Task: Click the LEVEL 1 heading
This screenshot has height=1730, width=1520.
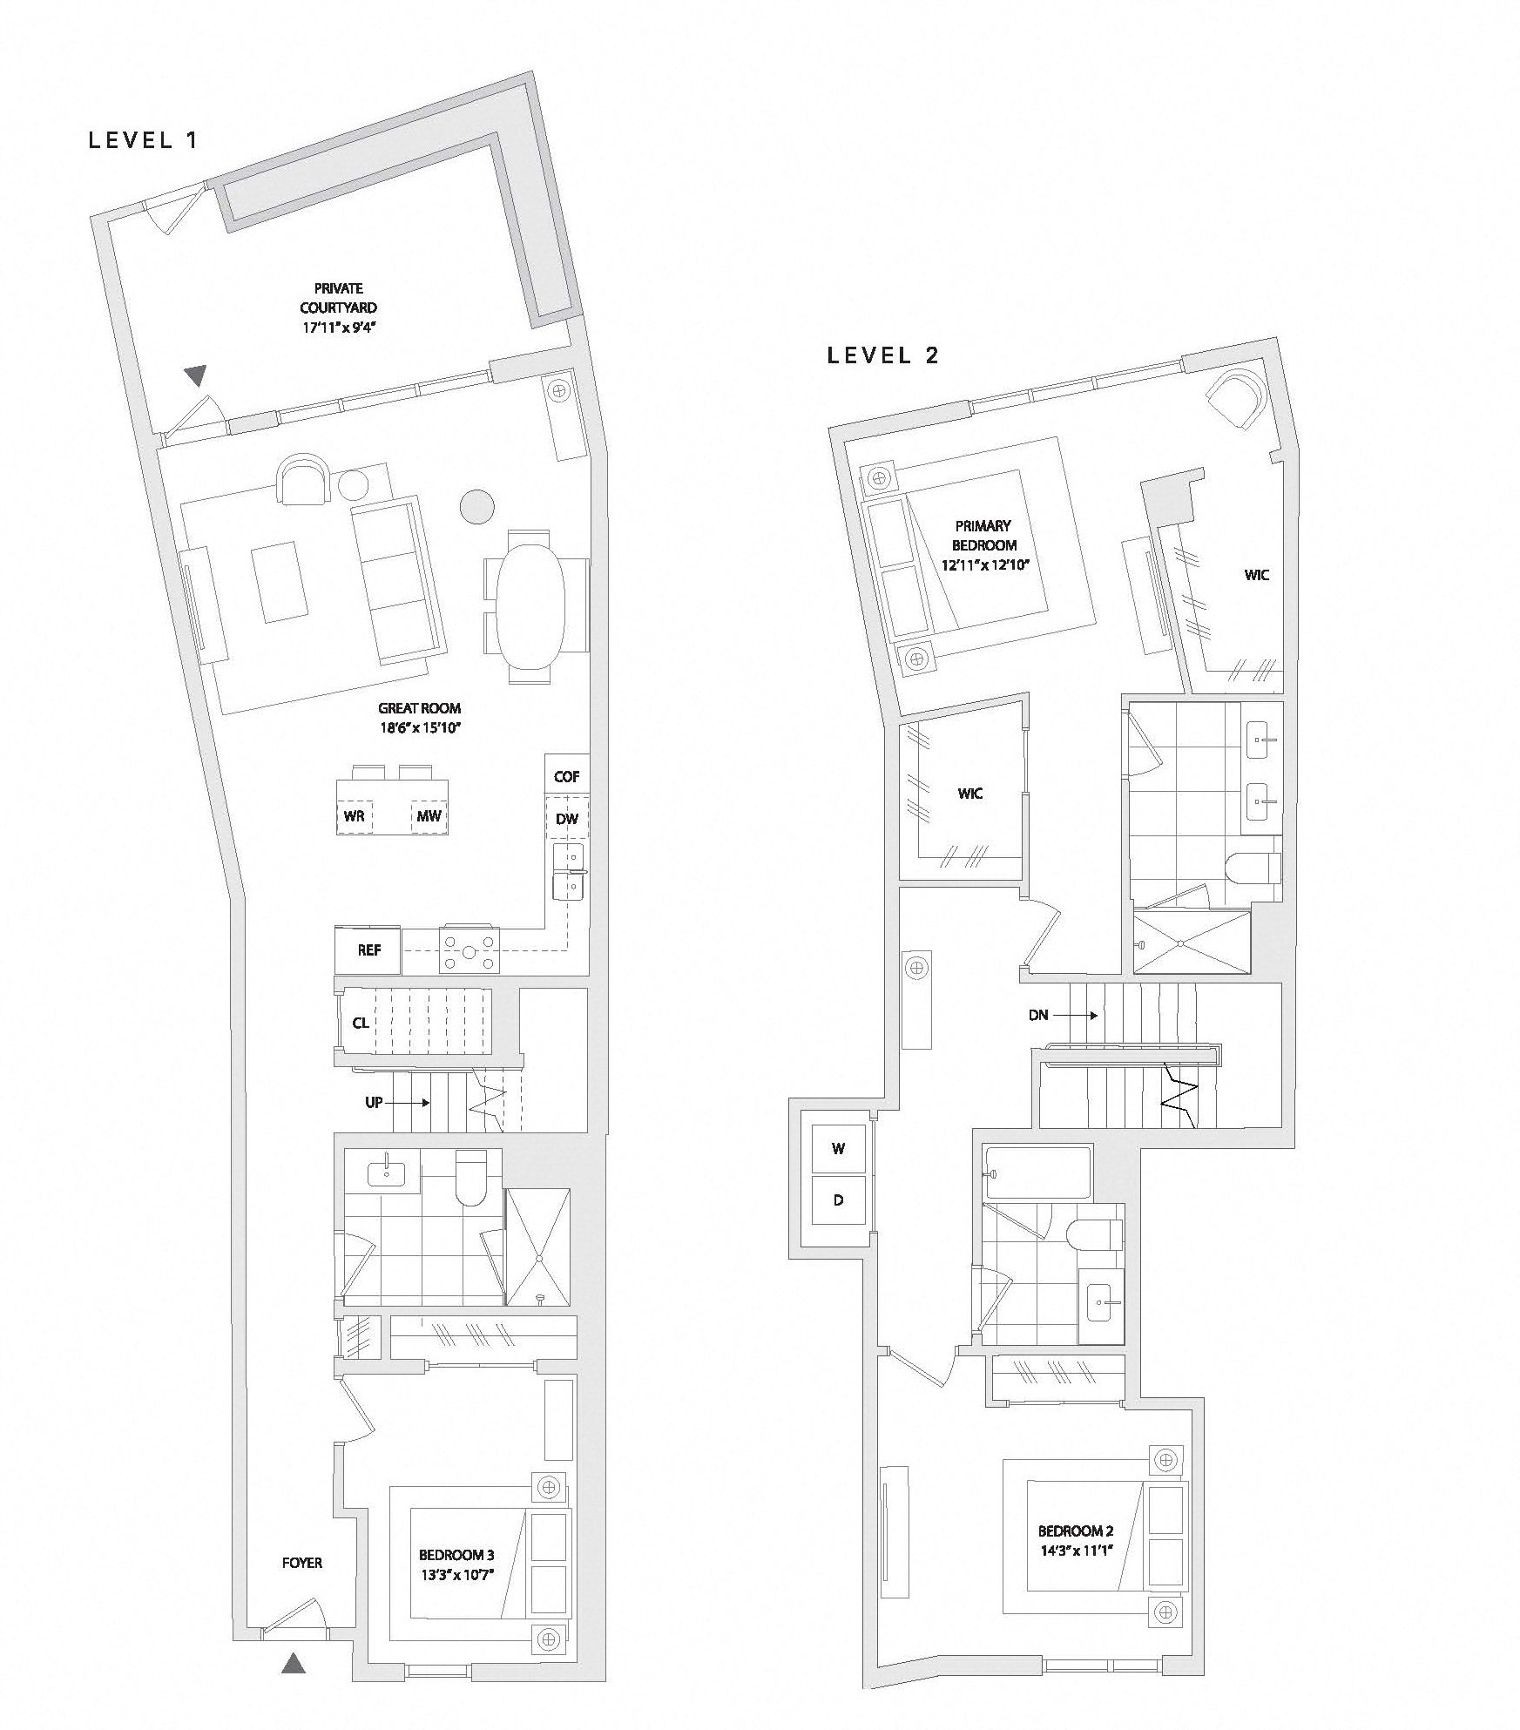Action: click(144, 140)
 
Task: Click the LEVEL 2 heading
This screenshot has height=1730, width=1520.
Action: click(883, 355)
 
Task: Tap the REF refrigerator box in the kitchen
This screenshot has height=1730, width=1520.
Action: click(368, 949)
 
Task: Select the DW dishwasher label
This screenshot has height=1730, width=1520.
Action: click(567, 820)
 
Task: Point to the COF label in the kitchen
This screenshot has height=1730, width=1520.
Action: click(566, 776)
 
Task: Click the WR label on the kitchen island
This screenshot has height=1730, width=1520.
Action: click(354, 816)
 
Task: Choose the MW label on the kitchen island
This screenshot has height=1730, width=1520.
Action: click(429, 816)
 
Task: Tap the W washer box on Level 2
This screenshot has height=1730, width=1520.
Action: click(839, 1149)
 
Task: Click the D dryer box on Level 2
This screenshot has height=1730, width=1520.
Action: click(839, 1200)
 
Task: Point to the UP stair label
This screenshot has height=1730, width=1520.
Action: click(374, 1102)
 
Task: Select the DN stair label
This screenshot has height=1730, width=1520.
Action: click(1038, 1015)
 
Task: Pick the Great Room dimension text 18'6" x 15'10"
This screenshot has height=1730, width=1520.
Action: click(419, 727)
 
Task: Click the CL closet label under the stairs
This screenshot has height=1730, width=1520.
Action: click(361, 1023)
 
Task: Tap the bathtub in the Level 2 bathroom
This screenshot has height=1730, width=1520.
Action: click(1037, 1173)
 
